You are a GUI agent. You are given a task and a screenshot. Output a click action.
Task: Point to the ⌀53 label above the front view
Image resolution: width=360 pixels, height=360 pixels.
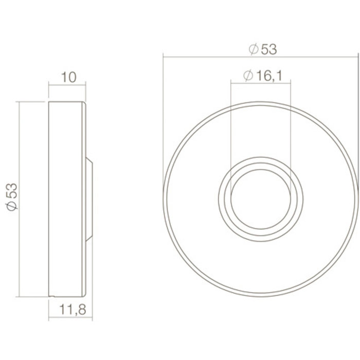(x=262, y=49)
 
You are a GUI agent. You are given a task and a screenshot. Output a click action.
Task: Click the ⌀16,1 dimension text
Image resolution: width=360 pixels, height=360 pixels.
(x=262, y=77)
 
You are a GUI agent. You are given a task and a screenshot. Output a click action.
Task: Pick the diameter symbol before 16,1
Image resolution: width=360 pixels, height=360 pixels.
(x=246, y=77)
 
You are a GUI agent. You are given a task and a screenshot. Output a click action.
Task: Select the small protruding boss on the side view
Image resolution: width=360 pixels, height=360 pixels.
(x=89, y=197)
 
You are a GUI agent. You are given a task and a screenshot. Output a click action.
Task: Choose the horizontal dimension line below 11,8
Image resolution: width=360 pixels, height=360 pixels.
(x=70, y=318)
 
